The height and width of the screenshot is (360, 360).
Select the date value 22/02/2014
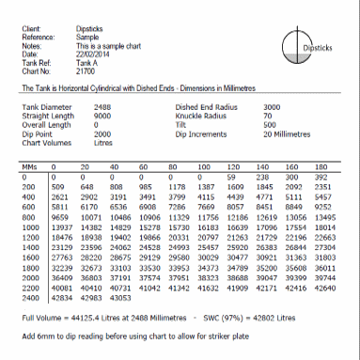click(x=93, y=54)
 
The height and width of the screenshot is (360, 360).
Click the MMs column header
click(x=27, y=164)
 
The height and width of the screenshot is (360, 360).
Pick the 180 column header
click(x=319, y=164)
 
